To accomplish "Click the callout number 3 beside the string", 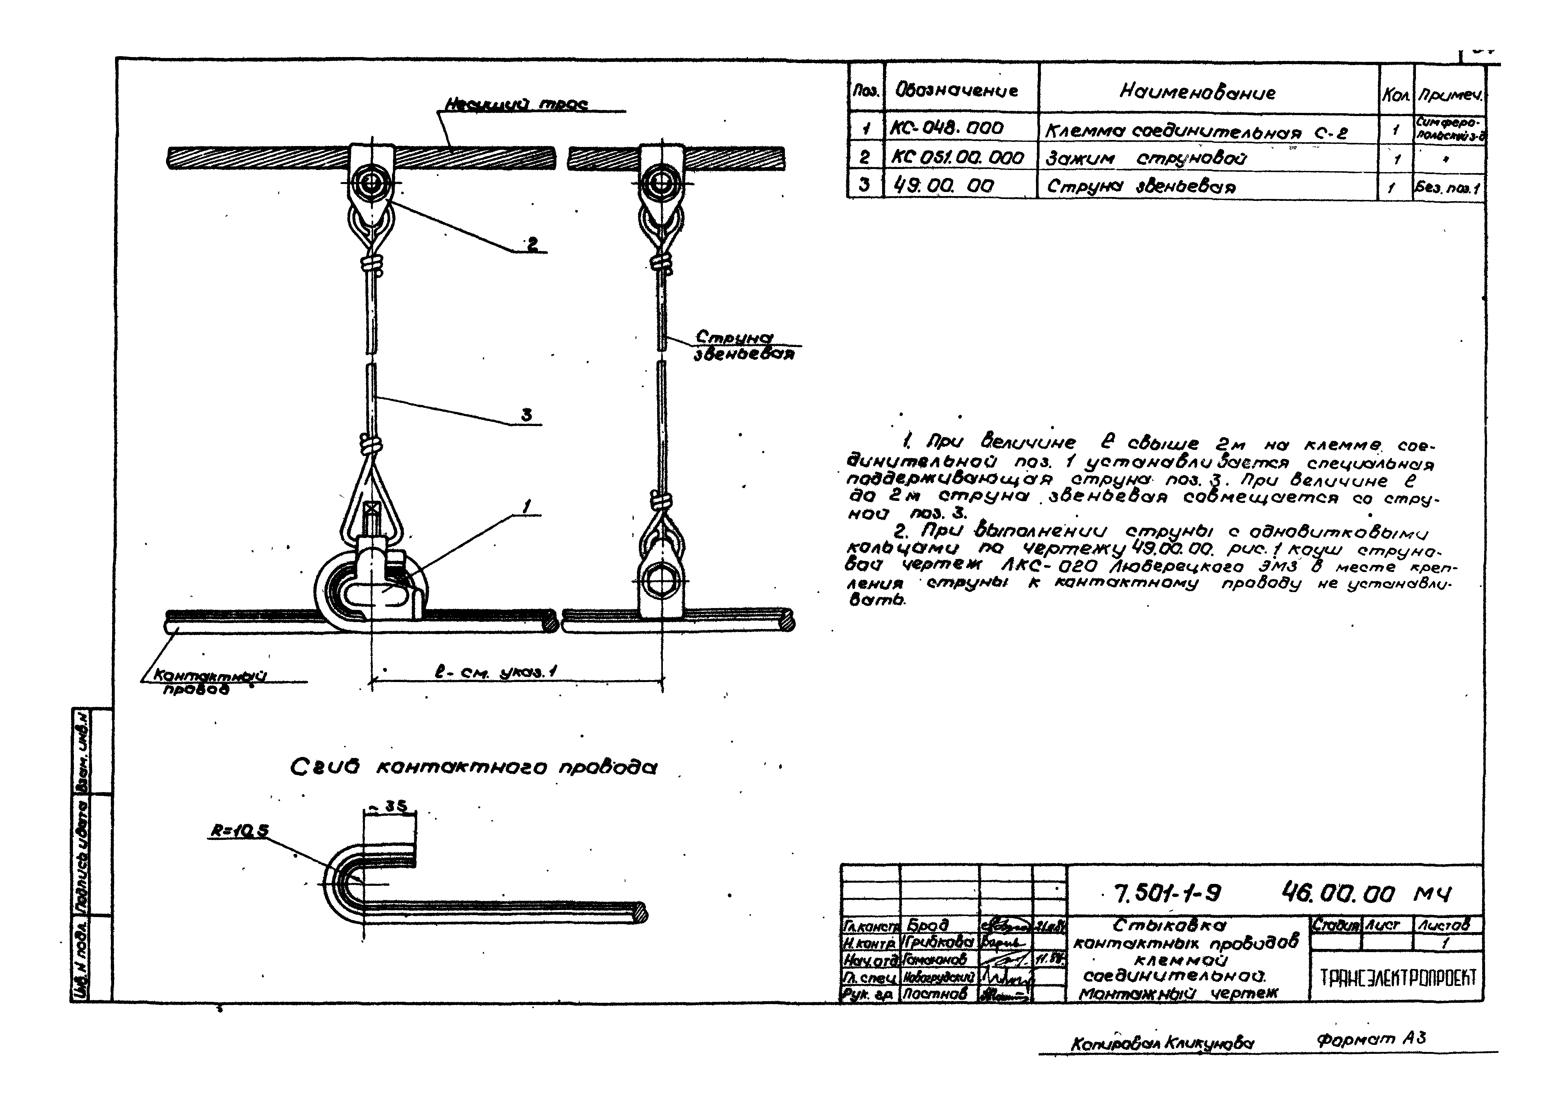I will [x=527, y=416].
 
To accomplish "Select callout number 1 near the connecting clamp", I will [x=527, y=505].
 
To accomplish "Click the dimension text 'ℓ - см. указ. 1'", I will [x=495, y=672].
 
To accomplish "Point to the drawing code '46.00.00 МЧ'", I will [x=1367, y=894].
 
